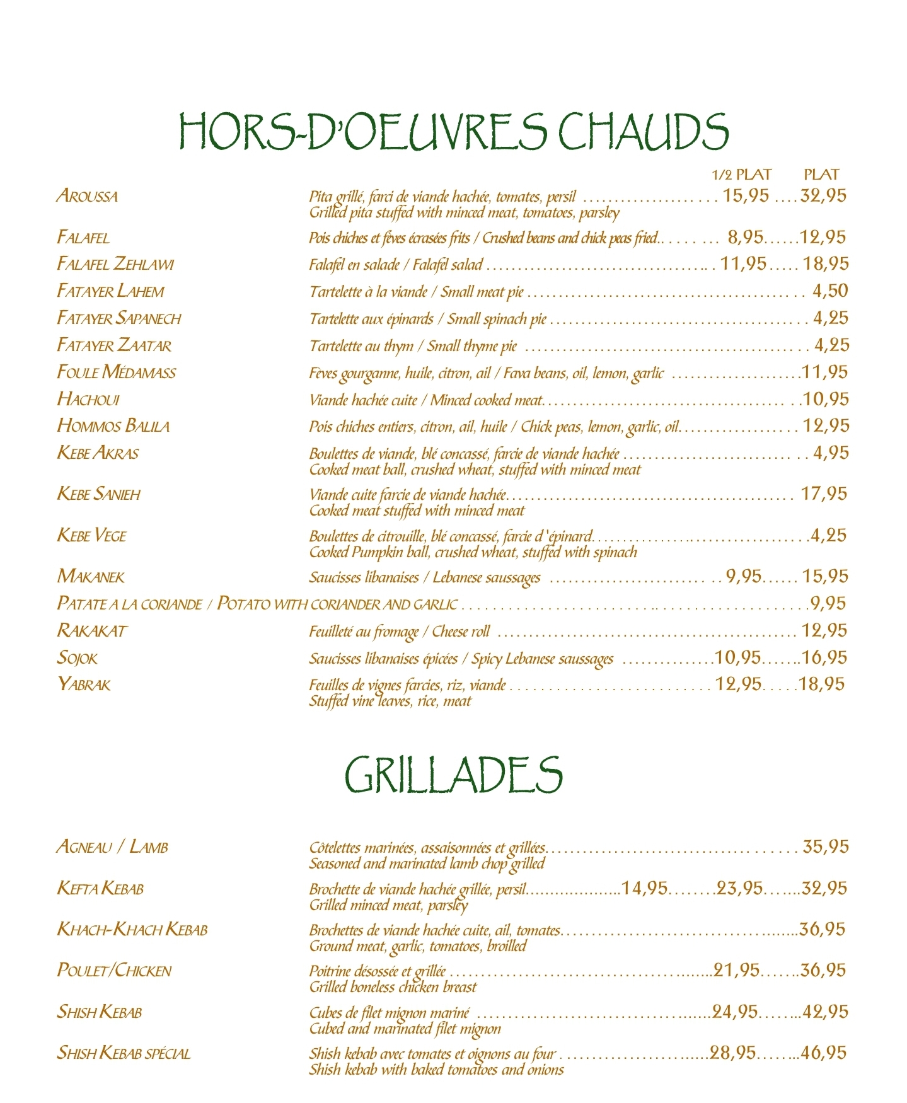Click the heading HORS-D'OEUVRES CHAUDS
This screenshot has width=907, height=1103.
coord(454,131)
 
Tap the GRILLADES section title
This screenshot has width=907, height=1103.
coord(453,775)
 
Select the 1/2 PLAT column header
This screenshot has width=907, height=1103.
coord(741,175)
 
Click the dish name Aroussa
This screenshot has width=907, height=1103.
coord(87,196)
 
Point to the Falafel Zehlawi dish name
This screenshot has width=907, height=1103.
coord(115,263)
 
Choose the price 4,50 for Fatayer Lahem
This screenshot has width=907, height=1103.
coord(830,291)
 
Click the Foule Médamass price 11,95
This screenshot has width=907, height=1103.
coord(825,372)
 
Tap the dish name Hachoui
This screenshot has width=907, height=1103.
coord(88,399)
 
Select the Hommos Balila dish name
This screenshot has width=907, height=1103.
coord(113,426)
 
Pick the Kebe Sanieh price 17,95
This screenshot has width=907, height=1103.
coord(824,494)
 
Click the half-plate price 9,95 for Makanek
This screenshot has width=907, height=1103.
coord(744,576)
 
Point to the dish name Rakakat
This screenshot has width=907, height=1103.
coord(92,630)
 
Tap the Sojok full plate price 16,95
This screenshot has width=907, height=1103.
coord(824,657)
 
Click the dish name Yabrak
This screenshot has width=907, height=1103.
coord(84,684)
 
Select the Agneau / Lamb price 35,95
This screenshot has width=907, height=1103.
coord(826,846)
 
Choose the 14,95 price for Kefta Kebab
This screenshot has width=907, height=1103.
coord(644,888)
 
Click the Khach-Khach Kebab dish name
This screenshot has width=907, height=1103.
coord(132,930)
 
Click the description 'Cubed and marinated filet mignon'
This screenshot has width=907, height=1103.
coord(405,1029)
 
